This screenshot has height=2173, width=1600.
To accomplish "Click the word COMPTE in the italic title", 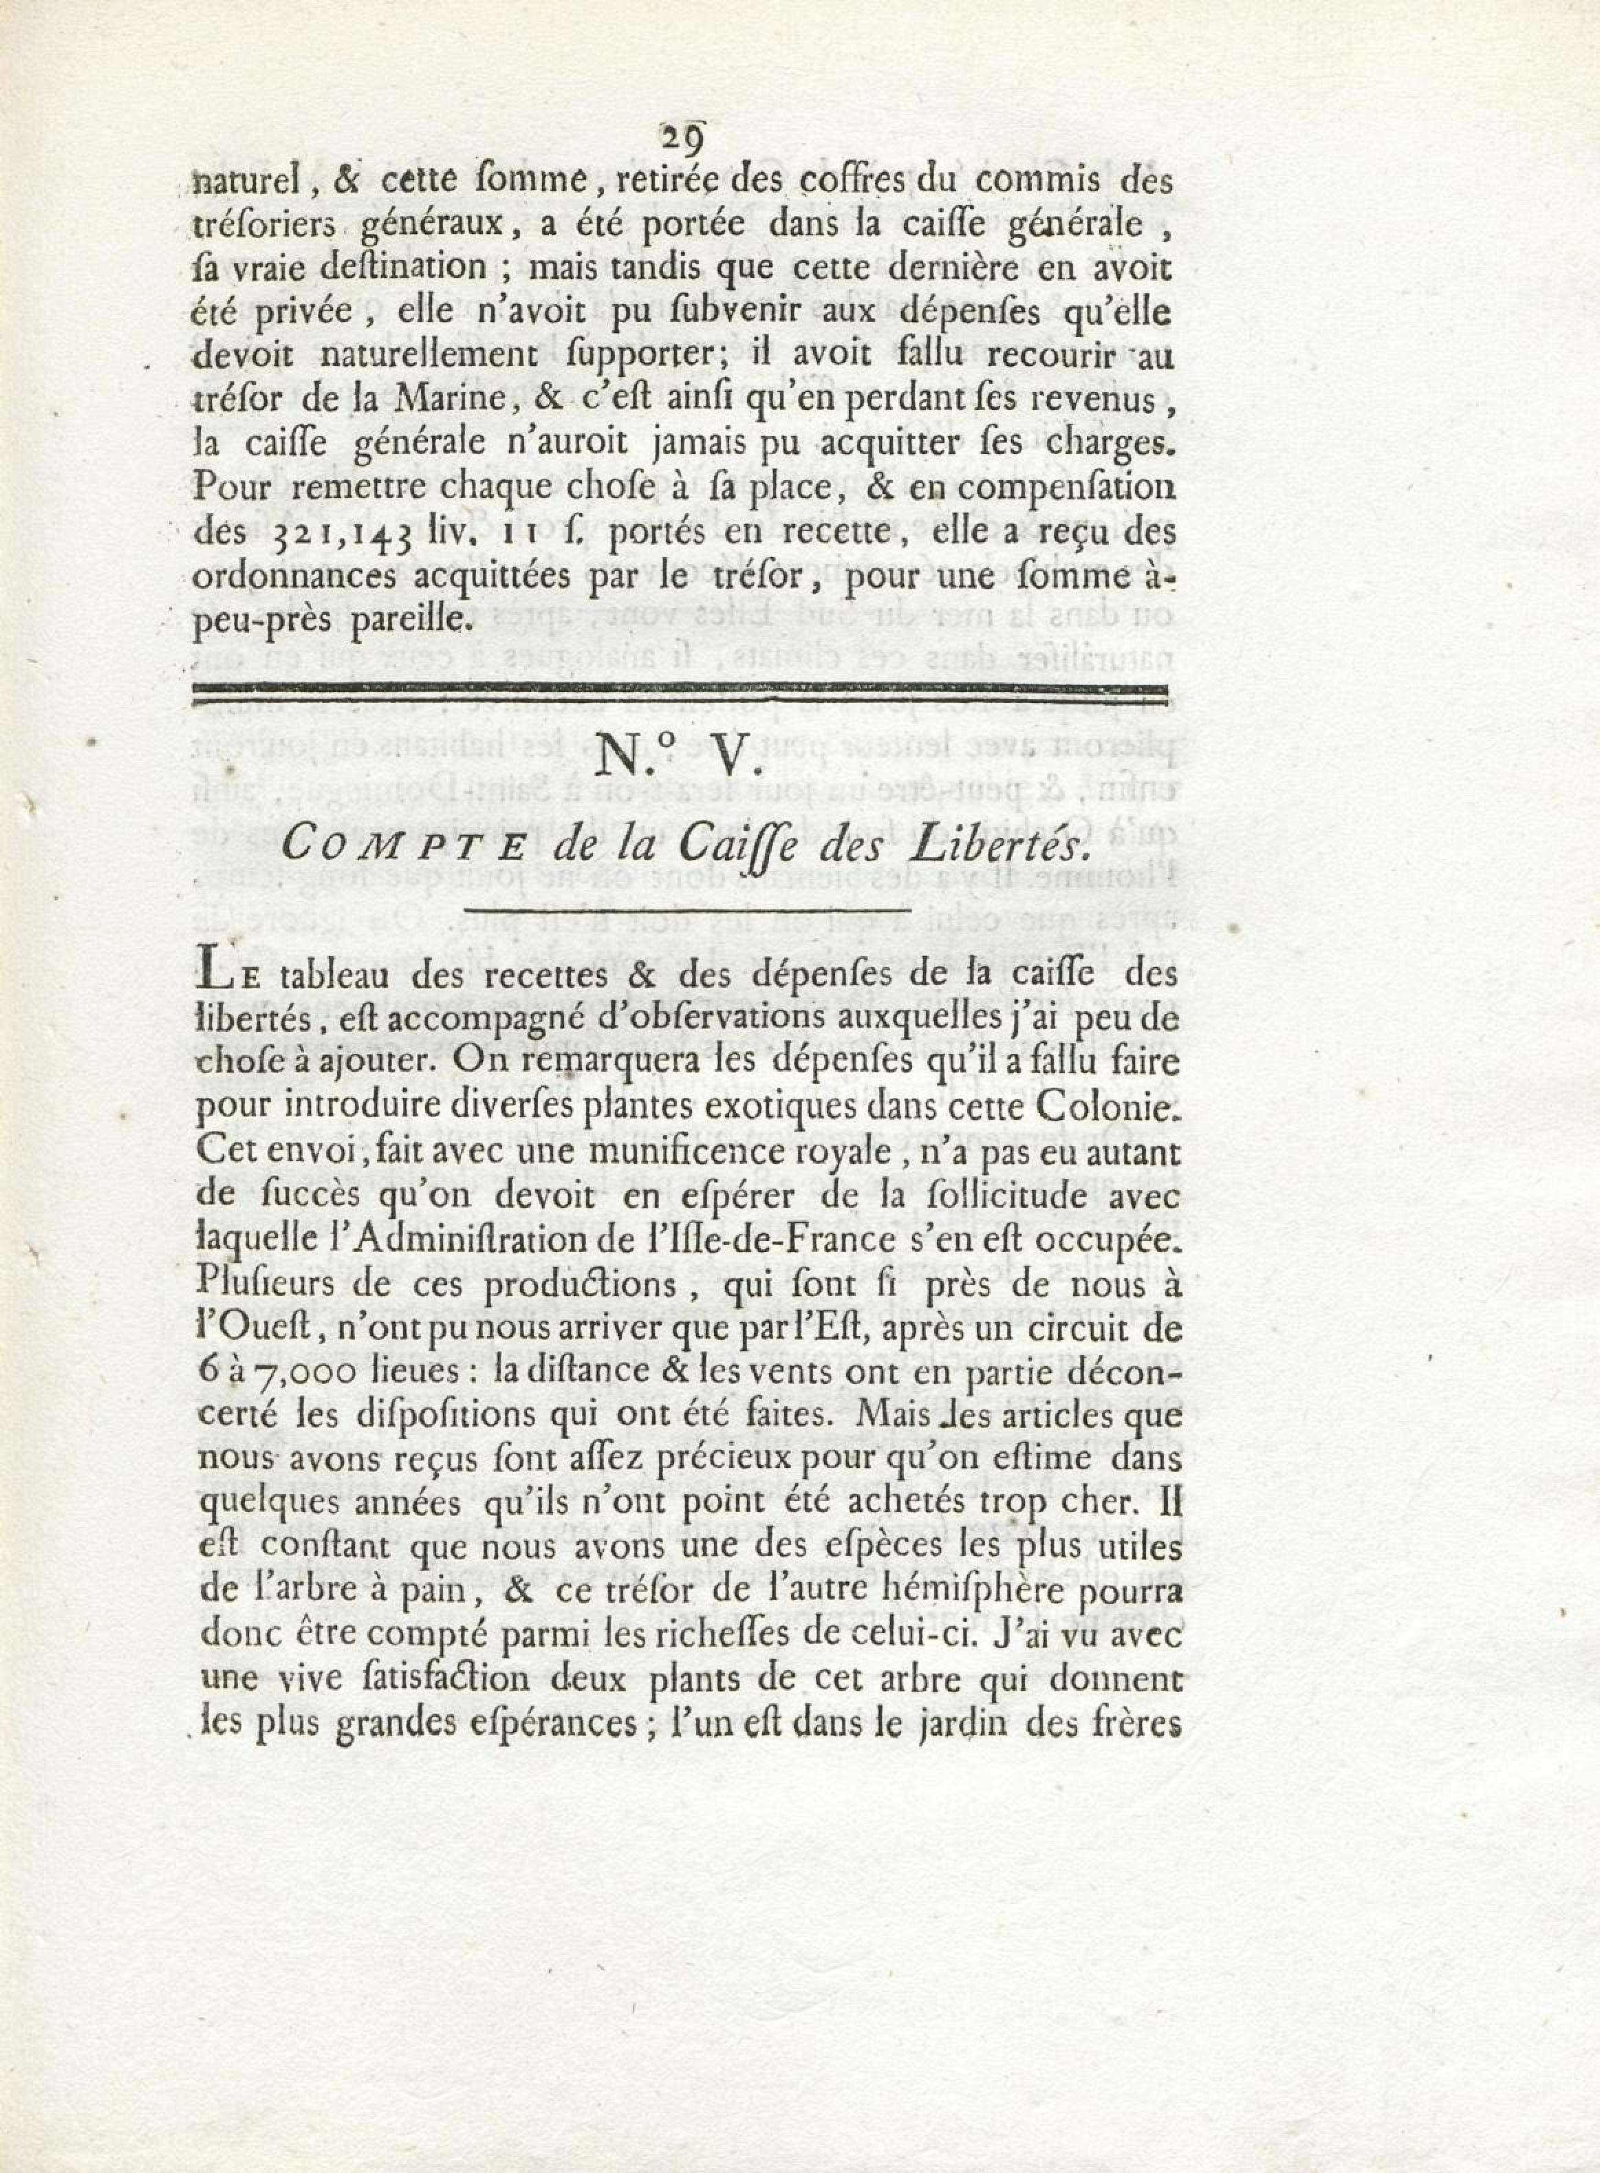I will coord(405,848).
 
